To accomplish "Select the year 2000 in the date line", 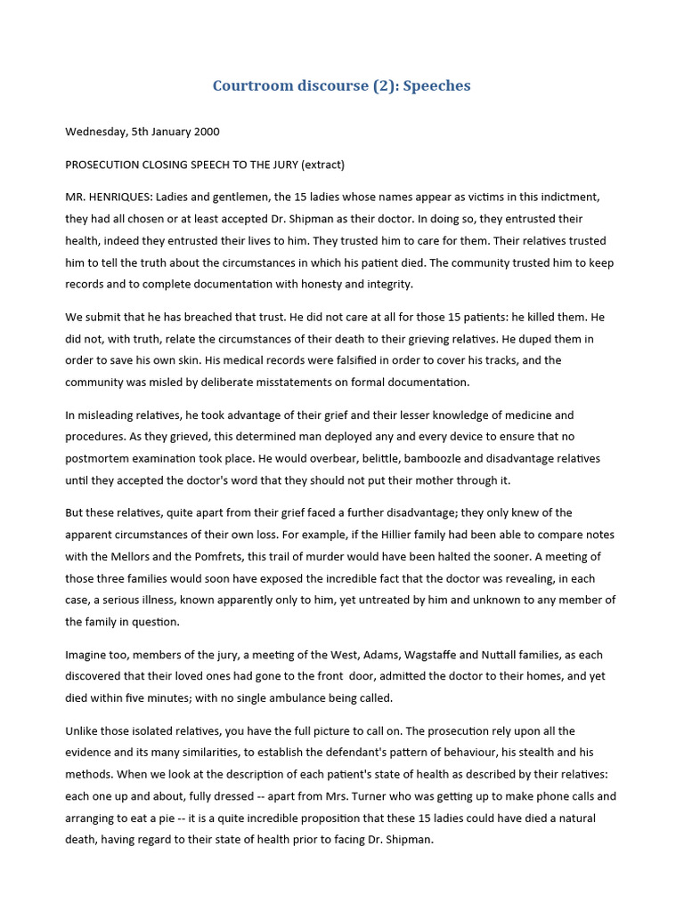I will (x=205, y=132).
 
